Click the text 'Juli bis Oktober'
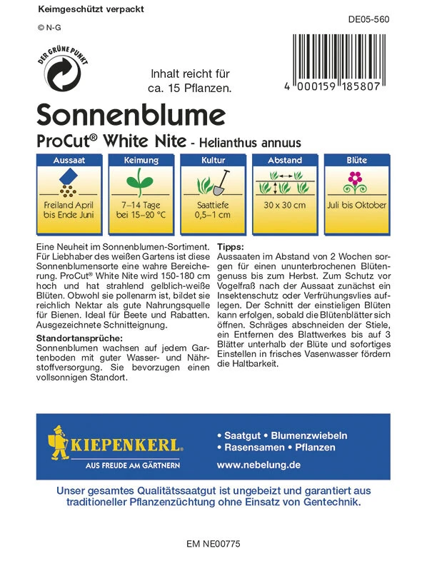pos(356,205)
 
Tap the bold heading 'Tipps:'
pos(230,246)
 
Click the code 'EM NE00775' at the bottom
pos(213,544)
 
